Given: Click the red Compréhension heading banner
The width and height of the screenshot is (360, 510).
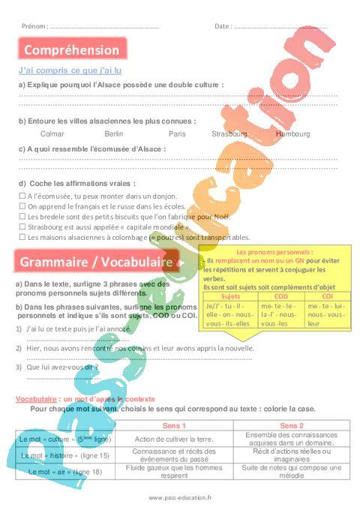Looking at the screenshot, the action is pos(72,50).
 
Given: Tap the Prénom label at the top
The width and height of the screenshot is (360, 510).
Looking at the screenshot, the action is pos(34,26).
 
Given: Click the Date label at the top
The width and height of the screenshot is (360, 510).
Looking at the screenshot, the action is pos(223,26).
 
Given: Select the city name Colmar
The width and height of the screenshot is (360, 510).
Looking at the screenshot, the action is pos(52,133).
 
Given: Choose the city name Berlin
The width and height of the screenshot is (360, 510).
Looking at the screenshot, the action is pos(114,133).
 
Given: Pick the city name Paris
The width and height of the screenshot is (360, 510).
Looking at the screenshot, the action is pos(177,133).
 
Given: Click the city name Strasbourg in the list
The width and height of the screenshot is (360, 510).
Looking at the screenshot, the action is pos(229,133).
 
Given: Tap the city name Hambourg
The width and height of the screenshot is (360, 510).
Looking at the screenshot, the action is pos(292,133).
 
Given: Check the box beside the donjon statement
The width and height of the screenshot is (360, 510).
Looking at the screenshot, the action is pos(22,195).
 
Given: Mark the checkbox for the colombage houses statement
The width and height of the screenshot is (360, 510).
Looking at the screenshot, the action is pos(22,236).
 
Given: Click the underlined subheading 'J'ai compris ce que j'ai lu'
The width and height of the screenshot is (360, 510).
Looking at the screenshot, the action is pos(70,70).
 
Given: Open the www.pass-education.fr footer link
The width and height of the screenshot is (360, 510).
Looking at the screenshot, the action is pos(180,497).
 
